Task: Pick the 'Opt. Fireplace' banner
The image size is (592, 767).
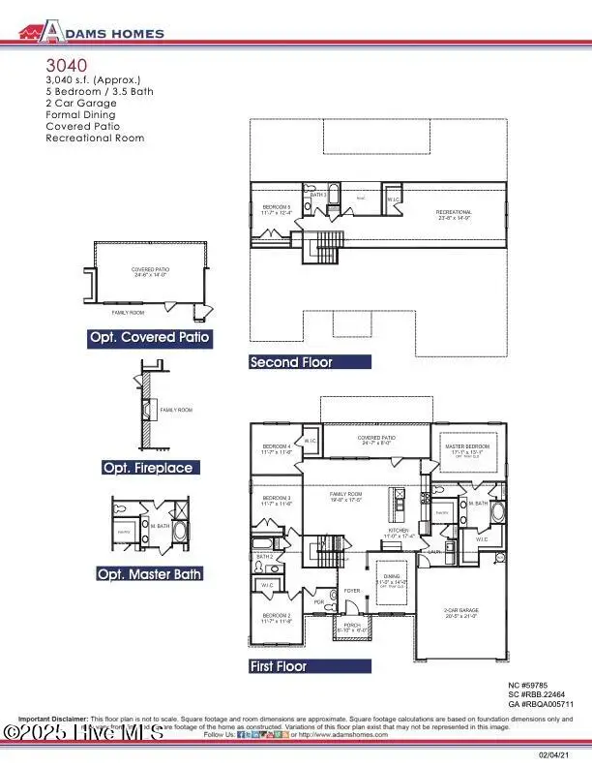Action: [148, 468]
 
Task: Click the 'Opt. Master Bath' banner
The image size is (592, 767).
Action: [149, 574]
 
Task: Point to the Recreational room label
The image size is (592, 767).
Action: [454, 214]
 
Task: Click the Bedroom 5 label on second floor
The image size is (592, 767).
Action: [277, 209]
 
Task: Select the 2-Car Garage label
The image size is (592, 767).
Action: [461, 612]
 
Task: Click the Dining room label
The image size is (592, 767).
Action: [390, 579]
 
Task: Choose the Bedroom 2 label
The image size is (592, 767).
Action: [277, 617]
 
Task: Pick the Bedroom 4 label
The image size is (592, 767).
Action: [277, 448]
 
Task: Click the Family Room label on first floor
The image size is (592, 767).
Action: [346, 496]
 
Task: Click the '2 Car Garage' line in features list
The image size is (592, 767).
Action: [80, 103]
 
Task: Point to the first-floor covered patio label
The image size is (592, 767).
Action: [375, 440]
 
